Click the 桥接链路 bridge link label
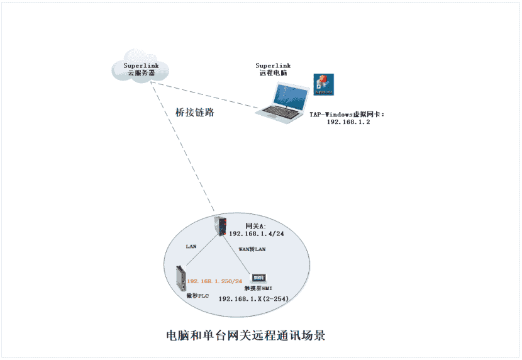tap(195, 113)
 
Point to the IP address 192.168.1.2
tap(348, 122)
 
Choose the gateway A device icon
tap(221, 225)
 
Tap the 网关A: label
tap(239, 225)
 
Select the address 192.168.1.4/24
tap(256, 233)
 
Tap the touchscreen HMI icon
tap(259, 278)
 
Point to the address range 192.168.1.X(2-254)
tap(253, 298)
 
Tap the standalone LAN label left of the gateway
tap(191, 246)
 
